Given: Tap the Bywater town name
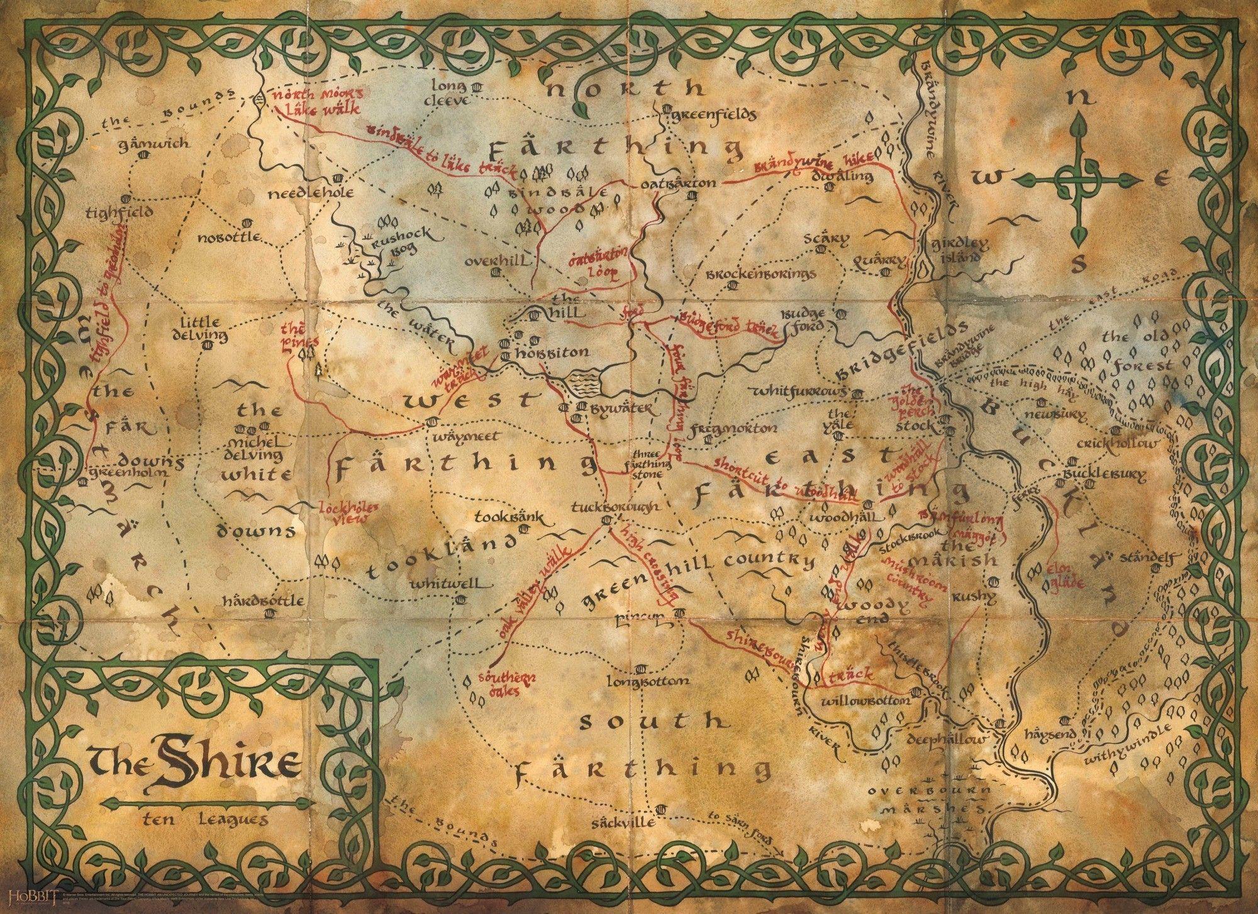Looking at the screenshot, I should [x=623, y=410].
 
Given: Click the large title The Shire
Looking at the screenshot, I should [x=194, y=766].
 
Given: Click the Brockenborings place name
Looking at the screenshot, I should [x=760, y=274].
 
